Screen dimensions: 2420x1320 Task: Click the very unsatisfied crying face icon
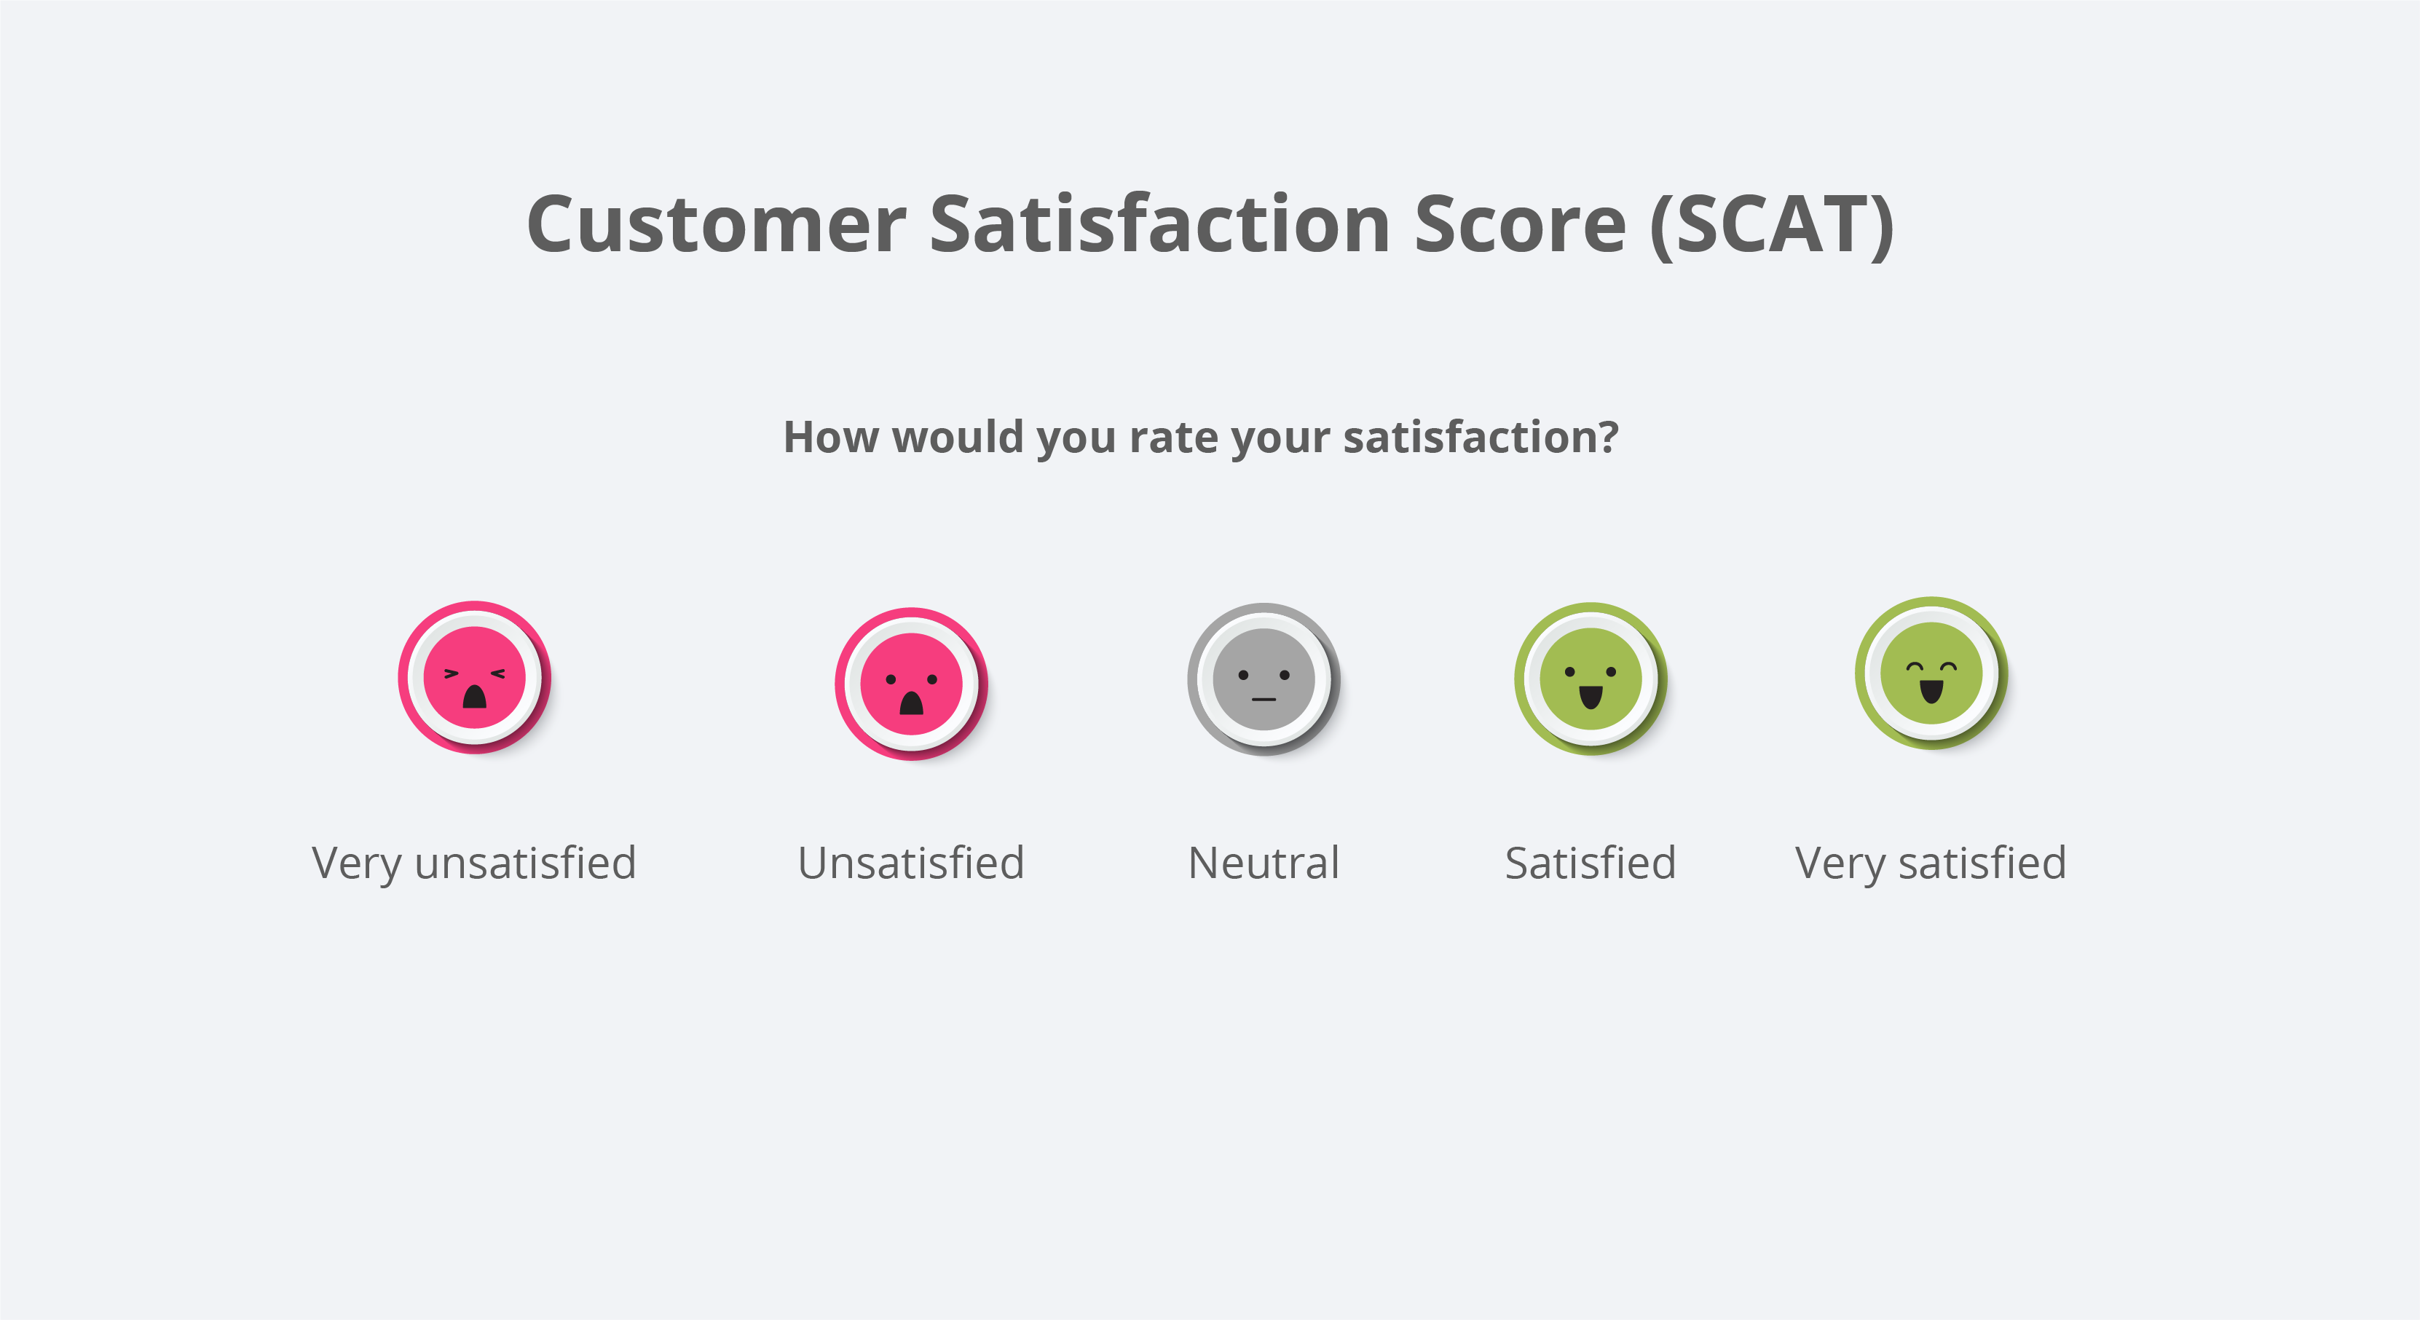474,677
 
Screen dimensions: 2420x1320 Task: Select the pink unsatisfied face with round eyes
911,684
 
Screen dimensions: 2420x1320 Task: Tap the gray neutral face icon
1264,679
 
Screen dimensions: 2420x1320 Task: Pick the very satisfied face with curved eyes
1931,673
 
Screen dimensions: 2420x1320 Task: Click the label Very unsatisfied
474,863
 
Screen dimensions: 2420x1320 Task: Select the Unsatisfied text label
911,863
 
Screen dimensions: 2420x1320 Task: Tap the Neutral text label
1264,863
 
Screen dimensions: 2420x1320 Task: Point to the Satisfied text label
1591,863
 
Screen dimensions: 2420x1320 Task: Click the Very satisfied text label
1931,863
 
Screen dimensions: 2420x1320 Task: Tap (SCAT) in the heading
1772,226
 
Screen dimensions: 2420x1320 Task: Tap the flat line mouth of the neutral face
1264,700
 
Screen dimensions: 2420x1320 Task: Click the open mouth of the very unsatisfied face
474,697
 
